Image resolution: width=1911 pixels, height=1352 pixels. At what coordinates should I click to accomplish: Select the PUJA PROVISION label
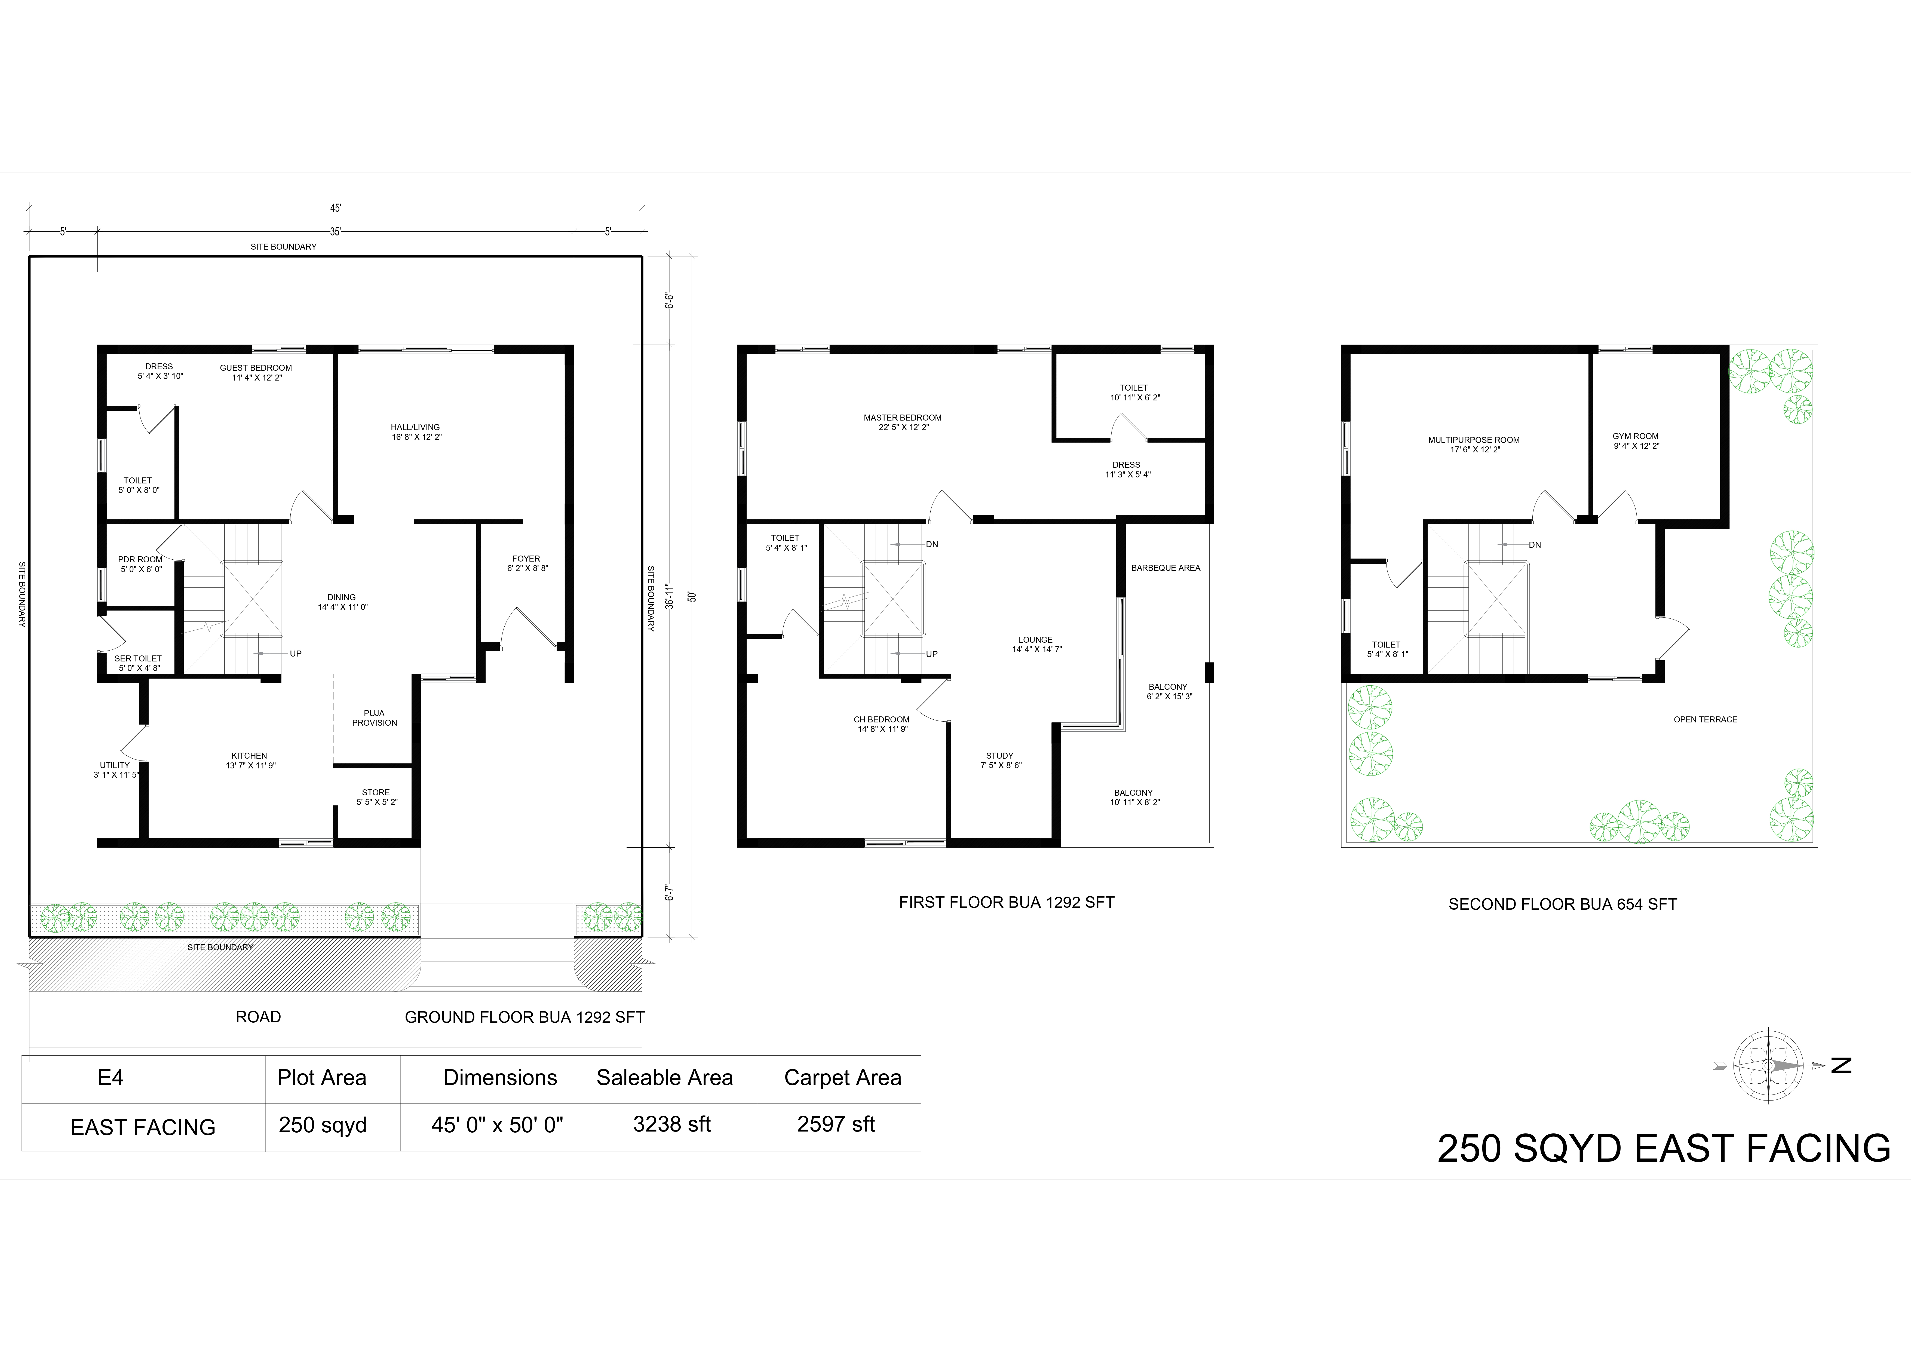pos(375,718)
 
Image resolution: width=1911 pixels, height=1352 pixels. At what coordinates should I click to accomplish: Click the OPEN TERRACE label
pos(1706,719)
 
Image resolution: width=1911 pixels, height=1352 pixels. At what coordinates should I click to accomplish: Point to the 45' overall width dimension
pos(335,208)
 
